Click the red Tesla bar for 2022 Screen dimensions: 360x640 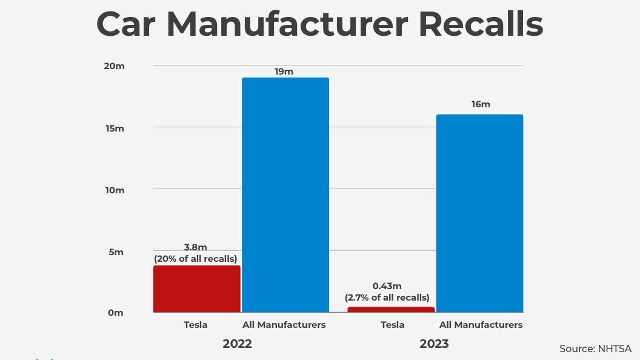coord(196,289)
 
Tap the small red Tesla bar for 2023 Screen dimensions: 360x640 coord(391,310)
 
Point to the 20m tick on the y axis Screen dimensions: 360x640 coord(115,65)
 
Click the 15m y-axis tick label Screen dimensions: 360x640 coord(115,128)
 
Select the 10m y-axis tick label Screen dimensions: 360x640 coord(115,190)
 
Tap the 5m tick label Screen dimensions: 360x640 coord(116,252)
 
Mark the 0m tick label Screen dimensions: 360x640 coord(116,313)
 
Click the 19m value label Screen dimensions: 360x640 coord(284,71)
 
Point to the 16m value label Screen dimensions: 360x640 coord(481,104)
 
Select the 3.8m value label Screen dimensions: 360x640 coord(195,247)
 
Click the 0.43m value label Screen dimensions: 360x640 coord(387,285)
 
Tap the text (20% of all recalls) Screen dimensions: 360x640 coord(195,259)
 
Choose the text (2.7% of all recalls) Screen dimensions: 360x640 coord(387,298)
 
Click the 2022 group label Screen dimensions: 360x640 coord(237,344)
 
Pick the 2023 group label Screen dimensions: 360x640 coord(434,344)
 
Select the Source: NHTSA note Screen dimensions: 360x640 coord(595,348)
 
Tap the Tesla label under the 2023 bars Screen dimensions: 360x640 coord(392,325)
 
